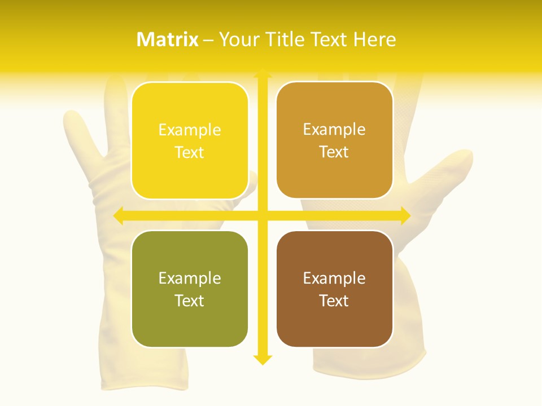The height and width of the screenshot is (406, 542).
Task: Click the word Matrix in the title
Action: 168,39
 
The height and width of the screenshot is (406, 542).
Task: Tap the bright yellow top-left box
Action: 190,140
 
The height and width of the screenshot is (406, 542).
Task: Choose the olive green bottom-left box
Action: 190,289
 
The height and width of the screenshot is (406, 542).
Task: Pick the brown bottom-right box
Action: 334,289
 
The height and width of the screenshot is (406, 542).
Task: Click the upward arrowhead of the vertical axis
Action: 262,73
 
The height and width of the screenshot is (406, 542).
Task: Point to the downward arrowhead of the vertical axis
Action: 262,359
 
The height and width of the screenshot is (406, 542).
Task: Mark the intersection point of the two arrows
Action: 262,215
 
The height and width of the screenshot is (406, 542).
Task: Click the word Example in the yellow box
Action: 190,130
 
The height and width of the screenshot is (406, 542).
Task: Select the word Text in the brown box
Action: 334,301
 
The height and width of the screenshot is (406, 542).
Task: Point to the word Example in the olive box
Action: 190,278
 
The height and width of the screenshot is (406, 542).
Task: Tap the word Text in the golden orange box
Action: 334,152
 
